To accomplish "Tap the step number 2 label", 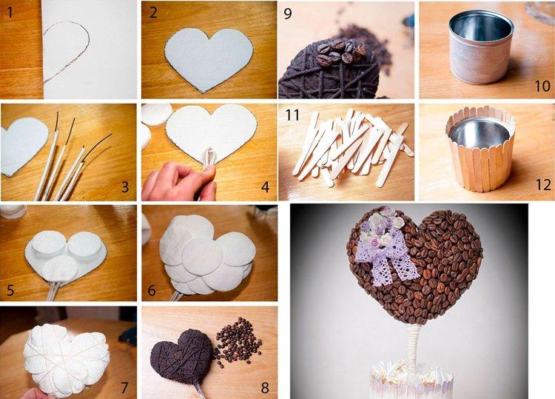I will click(153, 13).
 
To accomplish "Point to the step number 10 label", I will click(542, 86).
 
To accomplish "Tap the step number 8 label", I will click(264, 386).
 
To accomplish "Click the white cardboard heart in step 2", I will click(208, 55).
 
